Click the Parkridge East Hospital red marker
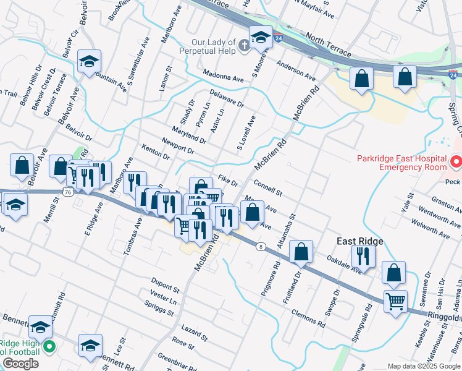tap(456, 162)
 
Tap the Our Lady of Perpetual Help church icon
tap(245, 45)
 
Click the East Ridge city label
tap(360, 241)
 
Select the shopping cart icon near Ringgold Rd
tap(395, 301)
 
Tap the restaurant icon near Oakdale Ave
tap(363, 255)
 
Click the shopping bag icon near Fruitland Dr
tap(301, 251)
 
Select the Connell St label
tap(267, 188)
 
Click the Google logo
tap(20, 364)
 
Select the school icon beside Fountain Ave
tap(89, 61)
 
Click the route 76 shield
tap(67, 192)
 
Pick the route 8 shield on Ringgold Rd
tap(262, 247)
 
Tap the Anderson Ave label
tap(296, 70)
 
